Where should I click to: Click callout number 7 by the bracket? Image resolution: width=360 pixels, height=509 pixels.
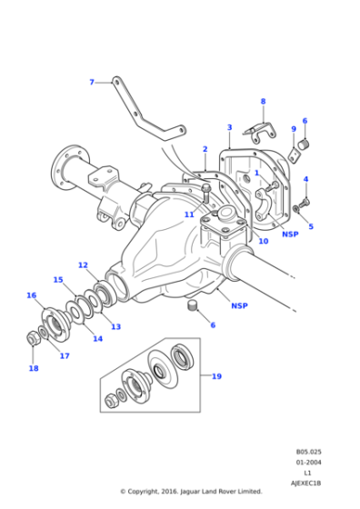[91, 83]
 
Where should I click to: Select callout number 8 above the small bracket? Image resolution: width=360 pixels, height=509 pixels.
[263, 102]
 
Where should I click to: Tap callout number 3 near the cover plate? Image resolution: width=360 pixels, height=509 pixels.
[229, 128]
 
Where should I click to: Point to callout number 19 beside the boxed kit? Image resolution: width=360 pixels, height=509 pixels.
[216, 375]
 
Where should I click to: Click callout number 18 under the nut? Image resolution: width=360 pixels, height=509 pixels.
[34, 368]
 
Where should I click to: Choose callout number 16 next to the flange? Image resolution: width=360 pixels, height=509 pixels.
[31, 295]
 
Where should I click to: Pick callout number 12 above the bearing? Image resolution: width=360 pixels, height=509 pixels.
[83, 265]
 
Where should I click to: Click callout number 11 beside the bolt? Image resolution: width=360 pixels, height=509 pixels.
[188, 215]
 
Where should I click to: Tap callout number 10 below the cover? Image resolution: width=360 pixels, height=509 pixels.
[263, 241]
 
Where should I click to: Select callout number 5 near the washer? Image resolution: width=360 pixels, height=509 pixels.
[310, 226]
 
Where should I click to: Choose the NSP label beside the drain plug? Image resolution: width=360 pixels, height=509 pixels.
[239, 305]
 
